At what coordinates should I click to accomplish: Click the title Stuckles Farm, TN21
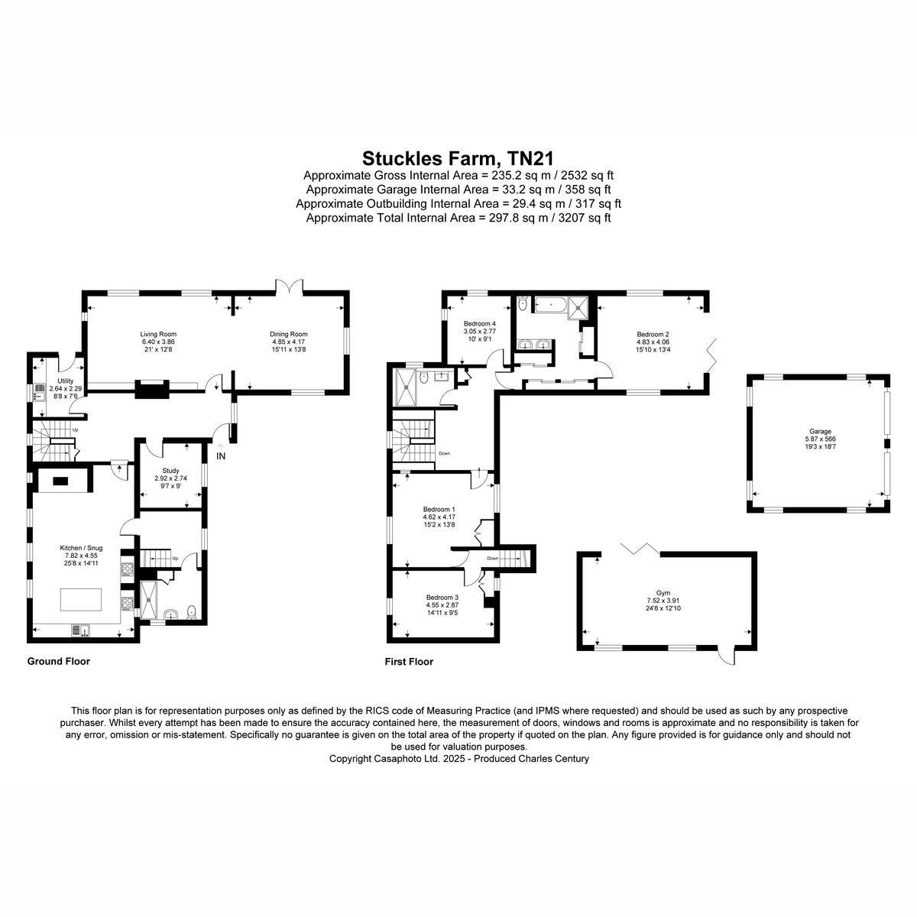(x=458, y=157)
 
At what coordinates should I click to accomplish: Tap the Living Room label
(x=158, y=334)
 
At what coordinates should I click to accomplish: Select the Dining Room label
(x=288, y=334)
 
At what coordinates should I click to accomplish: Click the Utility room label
(x=66, y=381)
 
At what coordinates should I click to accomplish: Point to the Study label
(x=170, y=471)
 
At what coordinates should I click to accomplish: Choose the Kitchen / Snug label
(x=81, y=548)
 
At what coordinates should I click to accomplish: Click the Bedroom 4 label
(x=480, y=323)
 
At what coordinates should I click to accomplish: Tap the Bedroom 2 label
(x=653, y=334)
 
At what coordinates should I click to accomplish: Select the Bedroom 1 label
(x=439, y=509)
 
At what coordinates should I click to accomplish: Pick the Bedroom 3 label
(x=442, y=598)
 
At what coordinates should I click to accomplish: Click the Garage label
(x=820, y=432)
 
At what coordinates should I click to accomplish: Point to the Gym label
(x=663, y=593)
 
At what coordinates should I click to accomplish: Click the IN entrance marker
(x=221, y=456)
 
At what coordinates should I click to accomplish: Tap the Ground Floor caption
(x=59, y=661)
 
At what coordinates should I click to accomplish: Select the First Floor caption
(x=409, y=662)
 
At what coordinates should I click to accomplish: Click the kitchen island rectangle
(x=81, y=600)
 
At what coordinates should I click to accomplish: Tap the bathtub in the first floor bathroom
(x=550, y=305)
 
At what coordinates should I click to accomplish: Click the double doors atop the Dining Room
(x=289, y=286)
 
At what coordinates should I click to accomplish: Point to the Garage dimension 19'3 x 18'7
(x=820, y=447)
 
